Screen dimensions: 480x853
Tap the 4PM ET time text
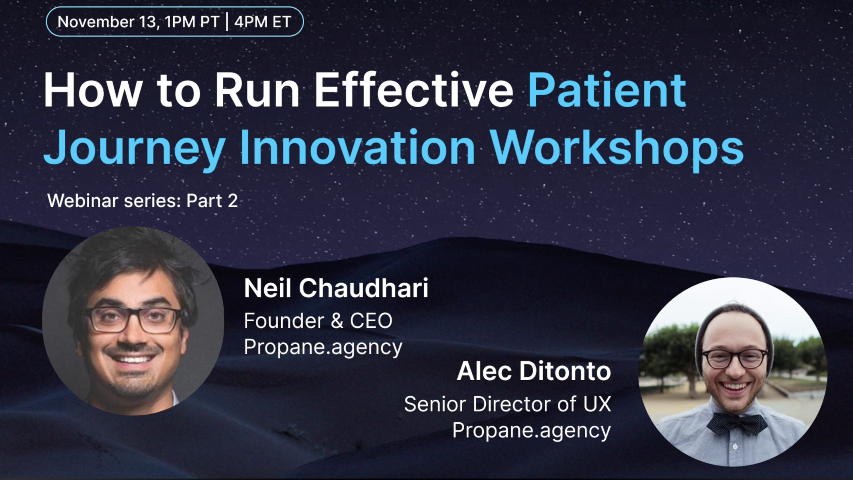pos(263,22)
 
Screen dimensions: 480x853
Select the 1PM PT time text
pos(192,22)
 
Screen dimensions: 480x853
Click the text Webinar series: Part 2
pos(142,201)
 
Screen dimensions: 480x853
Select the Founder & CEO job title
pos(318,320)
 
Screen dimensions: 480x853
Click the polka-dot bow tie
pos(737,424)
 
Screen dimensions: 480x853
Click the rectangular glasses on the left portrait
pos(133,320)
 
